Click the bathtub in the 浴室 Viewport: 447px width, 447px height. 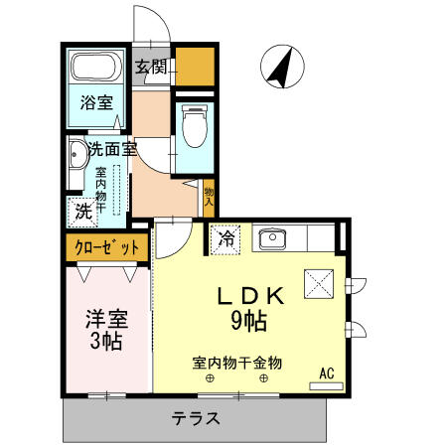click(x=96, y=70)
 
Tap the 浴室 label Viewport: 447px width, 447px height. click(x=95, y=102)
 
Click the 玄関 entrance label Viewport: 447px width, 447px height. click(x=152, y=68)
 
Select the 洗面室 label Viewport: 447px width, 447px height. click(x=111, y=150)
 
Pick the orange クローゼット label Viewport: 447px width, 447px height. click(x=104, y=243)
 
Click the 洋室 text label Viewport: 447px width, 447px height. click(x=105, y=320)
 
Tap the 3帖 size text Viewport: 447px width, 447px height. click(x=104, y=343)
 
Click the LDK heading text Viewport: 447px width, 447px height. click(x=252, y=296)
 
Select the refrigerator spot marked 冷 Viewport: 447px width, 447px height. click(x=225, y=239)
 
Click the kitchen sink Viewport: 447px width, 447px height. click(x=272, y=238)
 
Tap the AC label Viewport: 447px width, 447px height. click(x=325, y=373)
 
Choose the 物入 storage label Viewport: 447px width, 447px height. click(x=210, y=195)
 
